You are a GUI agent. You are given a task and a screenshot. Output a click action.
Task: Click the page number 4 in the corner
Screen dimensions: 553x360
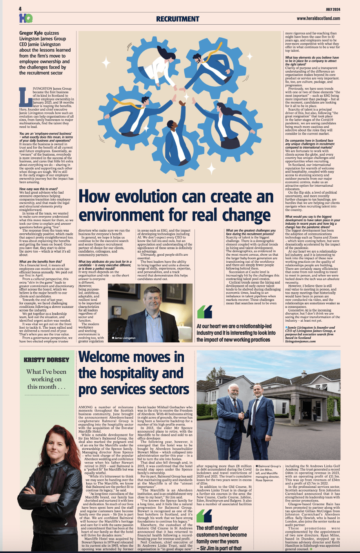coord(20,9)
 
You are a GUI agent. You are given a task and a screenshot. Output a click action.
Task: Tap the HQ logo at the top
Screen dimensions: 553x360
coord(25,18)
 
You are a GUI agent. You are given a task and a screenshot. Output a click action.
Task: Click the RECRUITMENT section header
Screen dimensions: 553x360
coord(177,19)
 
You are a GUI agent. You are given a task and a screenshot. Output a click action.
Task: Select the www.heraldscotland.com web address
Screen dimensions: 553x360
coord(318,18)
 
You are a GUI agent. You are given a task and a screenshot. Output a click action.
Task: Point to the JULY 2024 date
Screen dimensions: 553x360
coord(333,9)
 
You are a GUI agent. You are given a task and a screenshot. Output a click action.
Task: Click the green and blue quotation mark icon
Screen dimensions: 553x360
coord(204,312)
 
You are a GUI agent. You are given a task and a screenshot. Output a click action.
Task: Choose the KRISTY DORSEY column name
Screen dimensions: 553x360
coord(46,360)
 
